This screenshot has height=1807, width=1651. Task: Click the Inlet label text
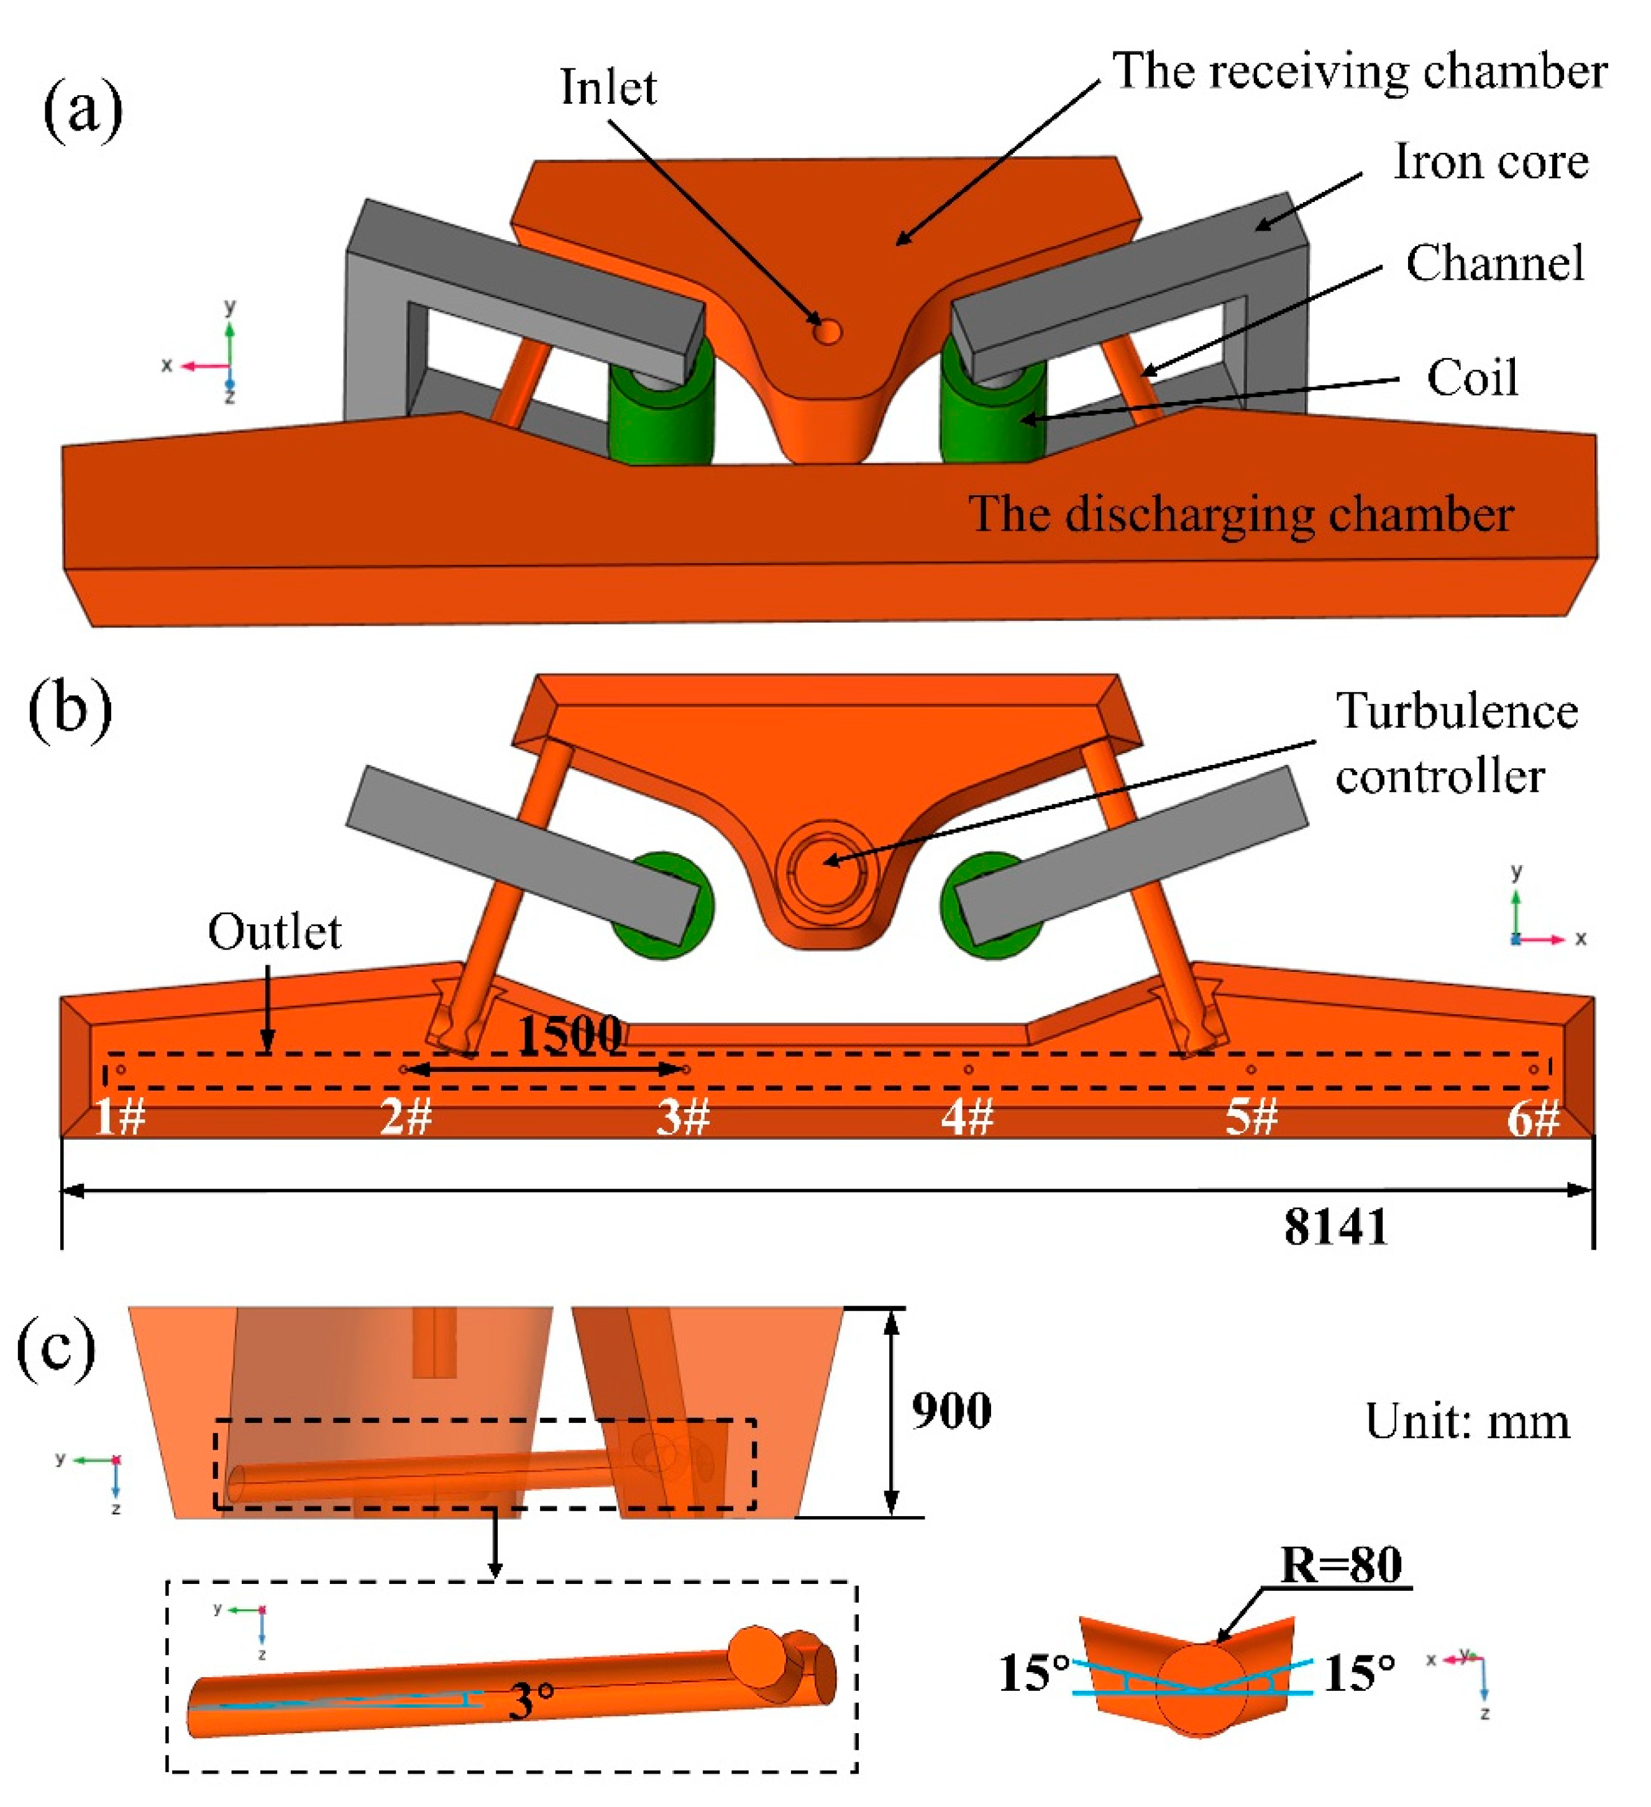coord(608,88)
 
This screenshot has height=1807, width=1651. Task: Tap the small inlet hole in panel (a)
coord(826,332)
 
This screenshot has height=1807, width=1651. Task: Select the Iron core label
coord(1489,162)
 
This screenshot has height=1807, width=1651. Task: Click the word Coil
coord(1472,377)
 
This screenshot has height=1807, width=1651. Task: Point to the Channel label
coord(1494,263)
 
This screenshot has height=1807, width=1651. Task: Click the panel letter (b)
coord(70,708)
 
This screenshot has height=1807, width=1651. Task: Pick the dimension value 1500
coord(570,1035)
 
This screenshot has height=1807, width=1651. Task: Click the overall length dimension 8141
coord(1335,1227)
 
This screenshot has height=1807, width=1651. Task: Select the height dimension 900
coord(951,1410)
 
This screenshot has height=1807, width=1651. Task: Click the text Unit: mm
coord(1467,1422)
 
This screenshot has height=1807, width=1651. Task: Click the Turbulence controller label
coord(1456,744)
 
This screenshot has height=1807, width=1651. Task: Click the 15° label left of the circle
coord(1035,1673)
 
